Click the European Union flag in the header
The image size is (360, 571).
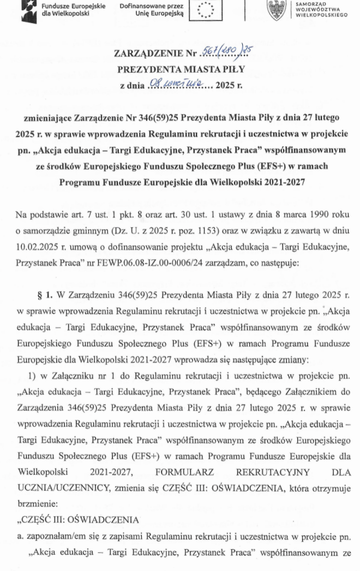[x=199, y=10]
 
